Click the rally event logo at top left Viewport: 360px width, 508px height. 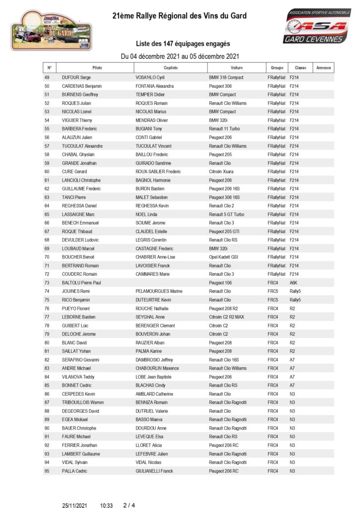coord(52,30)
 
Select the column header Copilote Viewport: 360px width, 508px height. coord(170,67)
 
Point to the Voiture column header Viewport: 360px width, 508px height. coord(237,67)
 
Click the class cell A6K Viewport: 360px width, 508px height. coord(293,283)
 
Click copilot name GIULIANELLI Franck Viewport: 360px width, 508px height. coord(154,471)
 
